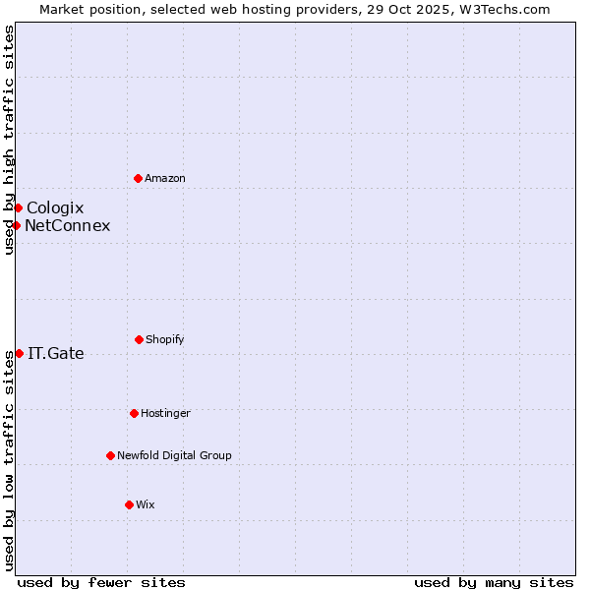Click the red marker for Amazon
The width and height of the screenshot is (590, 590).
[x=138, y=178]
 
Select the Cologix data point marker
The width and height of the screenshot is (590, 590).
[x=18, y=207]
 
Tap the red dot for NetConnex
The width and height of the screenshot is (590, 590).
[x=16, y=225]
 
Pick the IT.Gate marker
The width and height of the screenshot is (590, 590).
[x=19, y=353]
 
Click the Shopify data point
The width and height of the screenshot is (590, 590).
[x=139, y=339]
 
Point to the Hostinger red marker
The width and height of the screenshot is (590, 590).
[x=134, y=413]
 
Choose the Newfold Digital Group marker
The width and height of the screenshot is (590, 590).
[x=110, y=455]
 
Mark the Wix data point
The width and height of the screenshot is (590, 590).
[x=129, y=504]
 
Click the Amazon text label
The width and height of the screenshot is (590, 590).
[x=165, y=178]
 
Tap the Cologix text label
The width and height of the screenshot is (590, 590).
[x=55, y=207]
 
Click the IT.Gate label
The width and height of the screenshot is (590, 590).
[x=56, y=353]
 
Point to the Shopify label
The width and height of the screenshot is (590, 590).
[x=165, y=339]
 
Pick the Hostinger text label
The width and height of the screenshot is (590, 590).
[x=165, y=413]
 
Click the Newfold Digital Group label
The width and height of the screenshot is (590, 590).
[x=174, y=455]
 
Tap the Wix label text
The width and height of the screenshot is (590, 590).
[x=146, y=504]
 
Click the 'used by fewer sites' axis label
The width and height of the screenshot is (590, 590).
[x=101, y=582]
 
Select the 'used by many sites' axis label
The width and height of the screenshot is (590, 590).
[x=494, y=582]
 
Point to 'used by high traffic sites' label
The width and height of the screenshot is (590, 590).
[x=9, y=140]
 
